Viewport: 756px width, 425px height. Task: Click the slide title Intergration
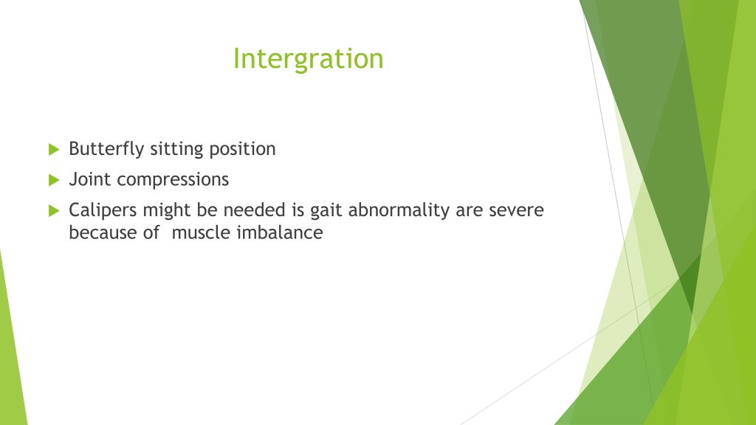tap(308, 59)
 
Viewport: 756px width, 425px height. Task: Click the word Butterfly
tap(106, 149)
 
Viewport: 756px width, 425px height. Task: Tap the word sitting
tap(176, 149)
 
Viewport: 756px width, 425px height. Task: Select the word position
tap(242, 149)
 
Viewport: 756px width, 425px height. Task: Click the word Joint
tap(89, 179)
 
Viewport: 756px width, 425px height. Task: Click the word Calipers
tap(103, 210)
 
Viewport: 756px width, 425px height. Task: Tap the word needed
tap(254, 210)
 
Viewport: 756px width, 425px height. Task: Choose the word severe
tap(516, 210)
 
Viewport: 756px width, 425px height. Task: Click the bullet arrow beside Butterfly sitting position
tap(54, 149)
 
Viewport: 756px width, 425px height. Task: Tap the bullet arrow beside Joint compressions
tap(54, 180)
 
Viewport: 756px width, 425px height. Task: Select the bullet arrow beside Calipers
tap(54, 210)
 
